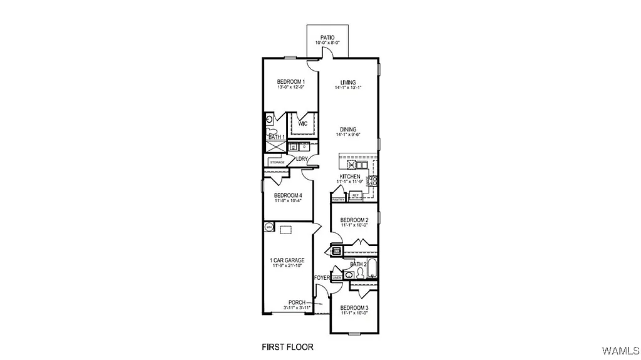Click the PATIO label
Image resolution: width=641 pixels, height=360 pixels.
(x=327, y=38)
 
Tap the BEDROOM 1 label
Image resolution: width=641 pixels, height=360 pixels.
(x=291, y=82)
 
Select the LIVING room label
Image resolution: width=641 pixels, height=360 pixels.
(x=348, y=83)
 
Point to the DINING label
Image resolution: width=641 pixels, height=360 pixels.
(x=348, y=129)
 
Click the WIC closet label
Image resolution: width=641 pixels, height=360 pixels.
(x=302, y=124)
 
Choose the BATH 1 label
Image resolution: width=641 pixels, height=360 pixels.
(x=277, y=136)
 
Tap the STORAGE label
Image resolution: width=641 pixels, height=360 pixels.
(x=277, y=162)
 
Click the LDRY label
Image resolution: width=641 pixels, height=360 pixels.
(x=302, y=159)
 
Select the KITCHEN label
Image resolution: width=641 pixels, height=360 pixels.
(x=350, y=177)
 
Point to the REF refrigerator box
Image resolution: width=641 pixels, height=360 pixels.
(x=355, y=196)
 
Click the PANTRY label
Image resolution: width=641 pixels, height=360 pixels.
(x=338, y=199)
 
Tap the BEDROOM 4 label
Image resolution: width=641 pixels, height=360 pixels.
(x=288, y=195)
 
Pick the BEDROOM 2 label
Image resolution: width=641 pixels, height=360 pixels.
(x=354, y=220)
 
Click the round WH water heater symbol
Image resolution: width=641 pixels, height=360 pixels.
(x=269, y=227)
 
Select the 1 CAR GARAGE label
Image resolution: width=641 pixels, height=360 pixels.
(x=287, y=260)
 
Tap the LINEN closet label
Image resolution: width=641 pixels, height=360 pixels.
(x=337, y=277)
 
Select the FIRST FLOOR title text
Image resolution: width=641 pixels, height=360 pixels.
(x=287, y=346)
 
